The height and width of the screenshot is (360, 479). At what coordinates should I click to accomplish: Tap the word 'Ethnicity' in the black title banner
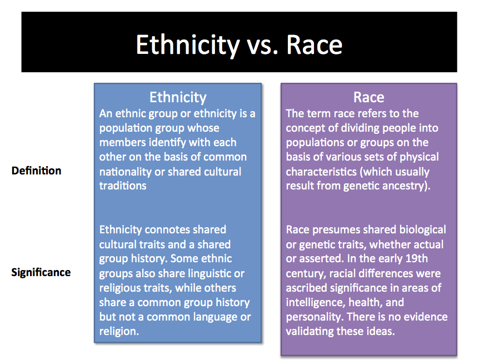188,46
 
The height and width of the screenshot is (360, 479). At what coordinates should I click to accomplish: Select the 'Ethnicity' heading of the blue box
178,97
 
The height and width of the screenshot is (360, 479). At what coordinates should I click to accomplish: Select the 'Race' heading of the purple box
369,97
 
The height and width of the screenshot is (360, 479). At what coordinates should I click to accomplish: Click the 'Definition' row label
36,171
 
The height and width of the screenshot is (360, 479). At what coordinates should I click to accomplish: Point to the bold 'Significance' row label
41,272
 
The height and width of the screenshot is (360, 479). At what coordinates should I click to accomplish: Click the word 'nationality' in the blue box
125,172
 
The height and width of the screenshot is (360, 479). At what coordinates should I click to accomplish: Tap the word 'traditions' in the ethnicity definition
123,186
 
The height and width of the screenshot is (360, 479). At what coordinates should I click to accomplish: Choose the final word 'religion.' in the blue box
119,332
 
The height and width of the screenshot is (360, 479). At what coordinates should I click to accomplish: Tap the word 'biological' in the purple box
423,230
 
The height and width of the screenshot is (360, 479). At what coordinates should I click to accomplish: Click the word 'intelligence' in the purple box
316,303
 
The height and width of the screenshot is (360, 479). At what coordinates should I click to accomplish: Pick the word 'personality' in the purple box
313,317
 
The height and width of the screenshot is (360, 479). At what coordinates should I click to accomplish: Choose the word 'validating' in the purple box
310,332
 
